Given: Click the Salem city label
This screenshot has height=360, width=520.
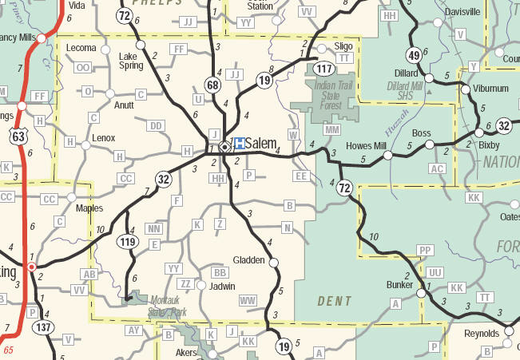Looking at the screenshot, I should [x=261, y=144].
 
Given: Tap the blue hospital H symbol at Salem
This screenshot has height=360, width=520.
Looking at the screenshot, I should [x=238, y=144].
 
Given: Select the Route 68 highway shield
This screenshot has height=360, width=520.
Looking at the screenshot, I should [x=212, y=85].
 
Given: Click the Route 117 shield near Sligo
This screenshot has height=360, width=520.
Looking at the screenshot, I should [x=324, y=69].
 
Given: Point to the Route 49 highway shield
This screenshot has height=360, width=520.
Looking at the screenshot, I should [x=414, y=56].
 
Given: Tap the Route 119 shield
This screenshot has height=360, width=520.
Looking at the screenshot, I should [x=127, y=241].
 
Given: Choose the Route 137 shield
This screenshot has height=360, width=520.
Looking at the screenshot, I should [x=42, y=327].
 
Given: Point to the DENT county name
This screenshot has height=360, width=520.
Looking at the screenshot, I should [x=335, y=301].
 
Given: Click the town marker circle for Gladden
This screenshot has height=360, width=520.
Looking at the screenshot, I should [x=274, y=262].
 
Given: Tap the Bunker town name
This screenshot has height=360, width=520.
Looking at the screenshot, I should [x=399, y=283].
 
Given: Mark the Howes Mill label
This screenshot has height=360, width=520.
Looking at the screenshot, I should [x=367, y=145].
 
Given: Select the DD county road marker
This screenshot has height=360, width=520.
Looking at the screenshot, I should [x=156, y=126].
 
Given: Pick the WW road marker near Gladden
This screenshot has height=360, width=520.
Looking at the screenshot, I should [x=248, y=300].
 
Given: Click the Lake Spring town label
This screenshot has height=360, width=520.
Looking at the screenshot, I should [x=131, y=61].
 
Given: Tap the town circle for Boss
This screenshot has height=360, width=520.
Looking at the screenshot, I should [x=430, y=144].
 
